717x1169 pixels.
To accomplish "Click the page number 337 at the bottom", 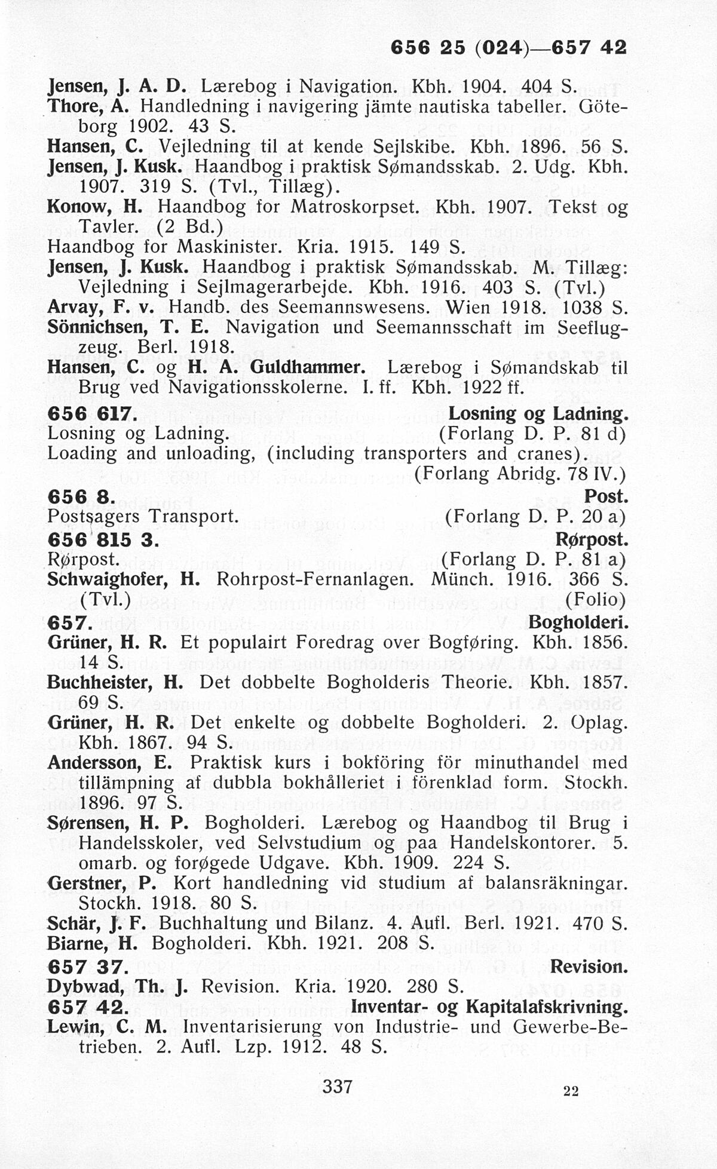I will tap(338, 1085).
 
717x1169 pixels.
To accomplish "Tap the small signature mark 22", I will tap(571, 1092).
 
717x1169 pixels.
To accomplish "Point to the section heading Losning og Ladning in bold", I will tap(538, 413).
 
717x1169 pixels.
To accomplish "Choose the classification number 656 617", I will tap(92, 413).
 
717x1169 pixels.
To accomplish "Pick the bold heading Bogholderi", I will tap(578, 623).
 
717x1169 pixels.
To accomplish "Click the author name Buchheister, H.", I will tap(115, 682).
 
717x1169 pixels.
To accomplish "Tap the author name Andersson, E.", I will tap(109, 763).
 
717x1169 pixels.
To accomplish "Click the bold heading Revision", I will tap(589, 966).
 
